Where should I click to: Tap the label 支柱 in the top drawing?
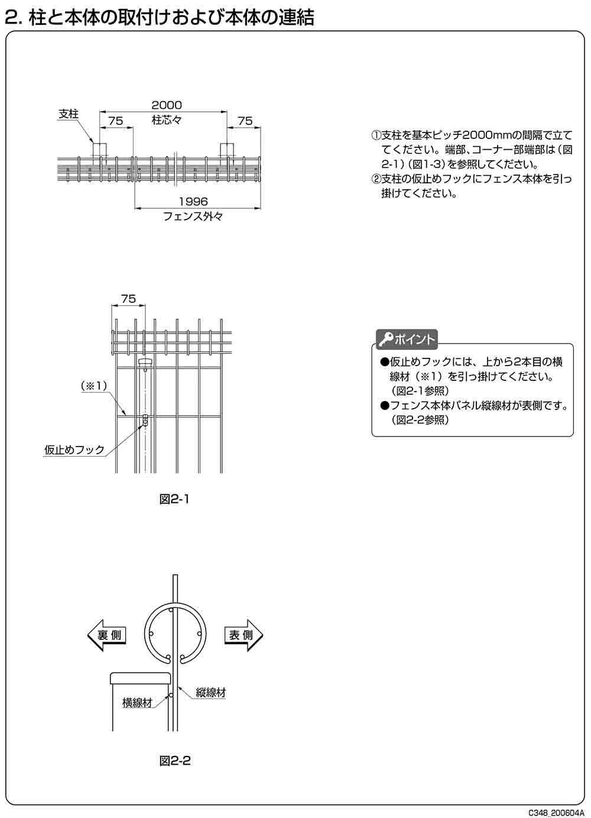69,114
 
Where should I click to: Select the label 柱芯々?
166,121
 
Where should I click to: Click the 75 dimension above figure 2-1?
128,299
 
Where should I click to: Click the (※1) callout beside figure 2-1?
93,386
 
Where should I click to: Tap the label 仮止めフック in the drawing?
74,450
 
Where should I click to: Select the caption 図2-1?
174,499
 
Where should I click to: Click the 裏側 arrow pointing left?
106,636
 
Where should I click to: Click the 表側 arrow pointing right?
243,635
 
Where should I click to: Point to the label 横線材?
137,703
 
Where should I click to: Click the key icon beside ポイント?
386,339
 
